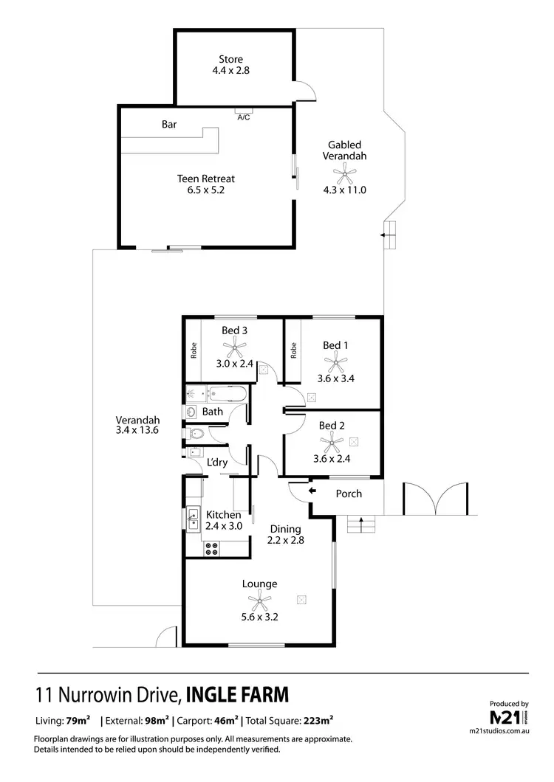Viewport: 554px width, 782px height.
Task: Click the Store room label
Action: pos(230,59)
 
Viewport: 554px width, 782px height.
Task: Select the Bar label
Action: pos(169,125)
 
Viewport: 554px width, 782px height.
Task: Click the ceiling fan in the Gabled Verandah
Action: pos(344,175)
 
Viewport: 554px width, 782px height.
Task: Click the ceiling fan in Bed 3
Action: pos(234,345)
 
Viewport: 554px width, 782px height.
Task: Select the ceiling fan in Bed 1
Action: pos(336,361)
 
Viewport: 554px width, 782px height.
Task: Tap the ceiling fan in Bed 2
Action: pos(332,442)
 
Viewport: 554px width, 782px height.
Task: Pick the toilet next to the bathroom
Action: pos(194,434)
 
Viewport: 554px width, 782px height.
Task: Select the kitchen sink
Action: pos(194,519)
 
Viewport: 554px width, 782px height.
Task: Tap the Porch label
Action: pos(349,494)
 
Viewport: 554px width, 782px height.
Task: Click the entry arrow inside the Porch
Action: pos(312,491)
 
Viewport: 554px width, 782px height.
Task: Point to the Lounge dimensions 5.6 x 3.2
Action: pos(260,598)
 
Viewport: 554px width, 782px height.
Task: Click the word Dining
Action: pos(285,529)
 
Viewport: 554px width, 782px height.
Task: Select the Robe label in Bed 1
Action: pos(293,350)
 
